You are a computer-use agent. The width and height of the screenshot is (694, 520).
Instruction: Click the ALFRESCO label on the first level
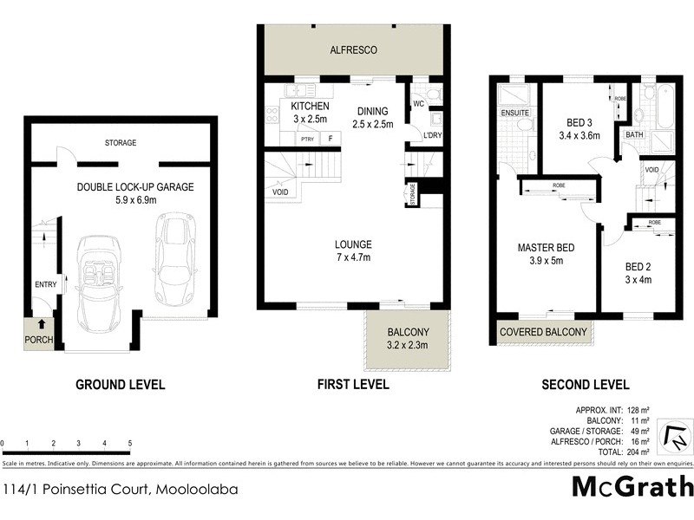(x=353, y=50)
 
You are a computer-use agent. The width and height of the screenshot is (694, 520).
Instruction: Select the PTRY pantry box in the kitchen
(x=306, y=139)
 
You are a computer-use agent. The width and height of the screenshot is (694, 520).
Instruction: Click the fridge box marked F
(x=331, y=139)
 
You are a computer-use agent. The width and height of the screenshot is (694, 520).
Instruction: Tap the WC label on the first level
(x=417, y=105)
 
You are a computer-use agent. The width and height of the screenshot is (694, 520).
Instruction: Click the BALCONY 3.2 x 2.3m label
(x=406, y=337)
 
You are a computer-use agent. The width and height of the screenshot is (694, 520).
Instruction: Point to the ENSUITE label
(x=514, y=113)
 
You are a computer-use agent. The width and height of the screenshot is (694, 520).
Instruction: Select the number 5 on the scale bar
(x=129, y=443)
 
